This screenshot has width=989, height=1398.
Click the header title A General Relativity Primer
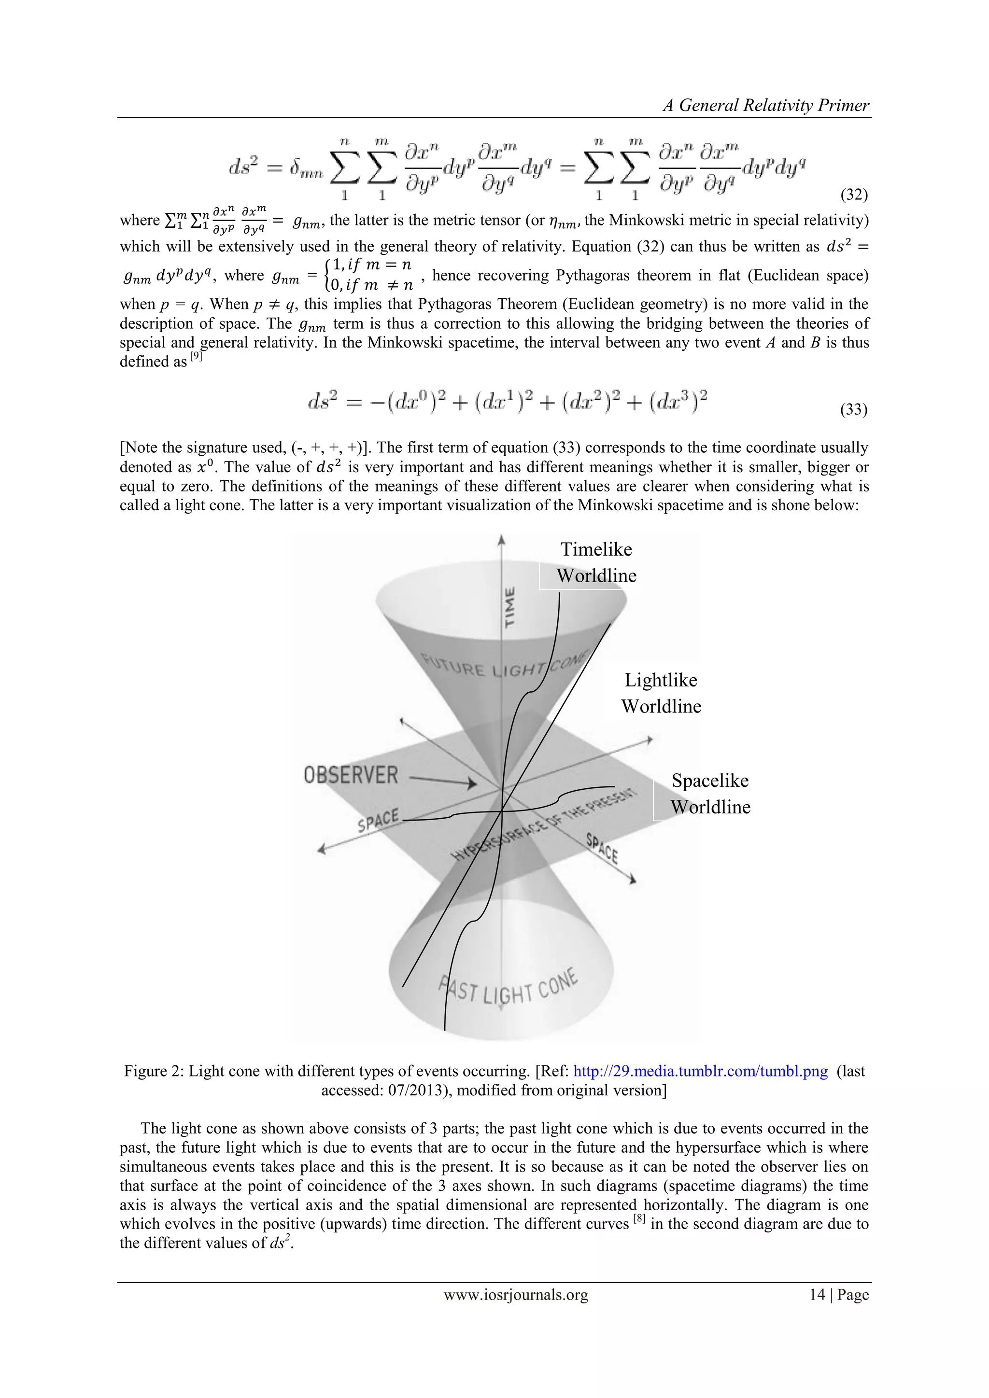[x=765, y=105]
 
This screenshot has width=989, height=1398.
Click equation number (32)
[x=853, y=195]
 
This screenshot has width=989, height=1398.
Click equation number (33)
[x=853, y=409]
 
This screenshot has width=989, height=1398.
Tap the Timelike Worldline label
[x=596, y=562]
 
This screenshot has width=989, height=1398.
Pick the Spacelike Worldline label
[x=710, y=794]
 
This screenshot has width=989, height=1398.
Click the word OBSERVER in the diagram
[x=351, y=775]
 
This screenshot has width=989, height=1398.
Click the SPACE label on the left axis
[x=378, y=820]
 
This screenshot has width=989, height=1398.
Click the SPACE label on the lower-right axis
[x=602, y=848]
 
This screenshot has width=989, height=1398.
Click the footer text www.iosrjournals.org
[x=516, y=1295]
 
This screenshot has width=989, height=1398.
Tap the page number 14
[x=817, y=1295]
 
